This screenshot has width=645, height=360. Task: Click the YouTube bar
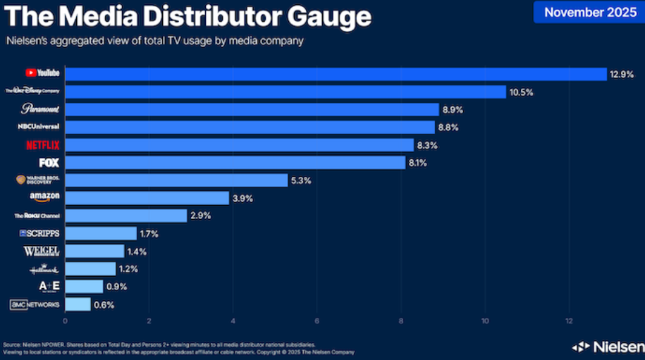(336, 74)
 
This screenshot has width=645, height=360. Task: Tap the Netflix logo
(42, 145)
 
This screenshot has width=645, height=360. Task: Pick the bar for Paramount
(252, 109)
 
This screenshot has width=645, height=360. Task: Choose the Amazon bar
(147, 198)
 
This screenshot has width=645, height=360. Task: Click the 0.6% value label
(104, 305)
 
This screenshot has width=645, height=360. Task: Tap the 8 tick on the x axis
(401, 321)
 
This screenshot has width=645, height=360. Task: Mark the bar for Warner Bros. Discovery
(176, 180)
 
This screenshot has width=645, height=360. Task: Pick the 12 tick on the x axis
(569, 321)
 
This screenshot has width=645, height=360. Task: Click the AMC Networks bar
(78, 304)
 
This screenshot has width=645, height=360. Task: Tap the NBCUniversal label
(39, 127)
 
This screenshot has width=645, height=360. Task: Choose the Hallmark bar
(90, 268)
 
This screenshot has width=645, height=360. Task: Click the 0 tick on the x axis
(65, 321)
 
